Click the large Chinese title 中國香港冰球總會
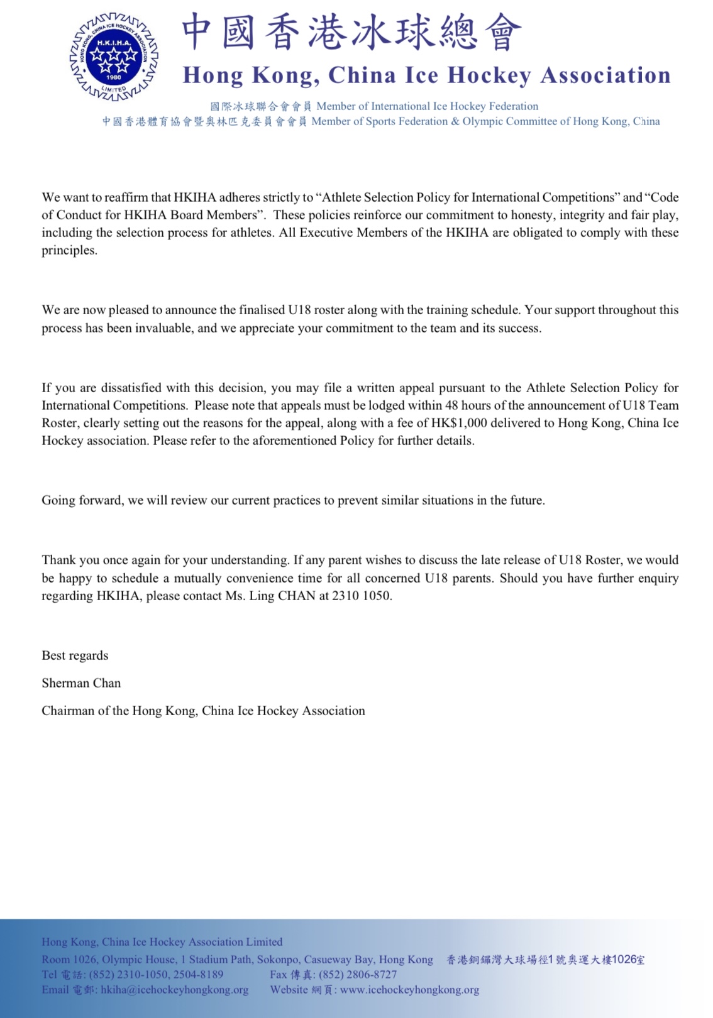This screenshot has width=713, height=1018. click(x=351, y=33)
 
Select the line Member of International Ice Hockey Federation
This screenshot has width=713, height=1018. click(x=427, y=106)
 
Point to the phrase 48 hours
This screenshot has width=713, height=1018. click(x=467, y=405)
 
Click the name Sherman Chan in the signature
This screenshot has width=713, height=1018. click(x=81, y=683)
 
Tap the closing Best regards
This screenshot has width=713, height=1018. click(x=75, y=655)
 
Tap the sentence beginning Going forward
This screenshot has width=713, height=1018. click(x=293, y=500)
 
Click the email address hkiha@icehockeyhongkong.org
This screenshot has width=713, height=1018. click(x=174, y=990)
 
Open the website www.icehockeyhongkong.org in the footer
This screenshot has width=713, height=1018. click(x=409, y=990)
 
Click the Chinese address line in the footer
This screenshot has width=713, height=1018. click(x=545, y=960)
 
